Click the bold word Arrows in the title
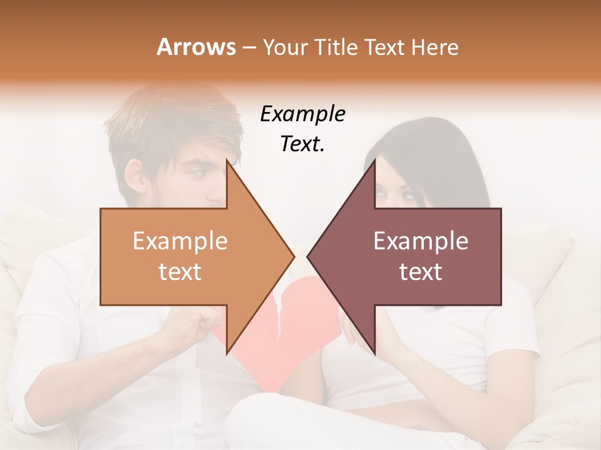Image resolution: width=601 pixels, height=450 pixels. pyautogui.click(x=195, y=47)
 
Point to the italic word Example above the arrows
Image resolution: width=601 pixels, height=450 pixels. pyautogui.click(x=302, y=114)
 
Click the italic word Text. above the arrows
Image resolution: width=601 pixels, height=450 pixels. pyautogui.click(x=302, y=144)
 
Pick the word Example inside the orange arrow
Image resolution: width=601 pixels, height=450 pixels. pyautogui.click(x=180, y=241)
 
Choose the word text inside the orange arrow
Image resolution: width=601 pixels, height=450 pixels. pyautogui.click(x=180, y=272)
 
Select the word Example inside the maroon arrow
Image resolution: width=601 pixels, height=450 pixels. pyautogui.click(x=421, y=241)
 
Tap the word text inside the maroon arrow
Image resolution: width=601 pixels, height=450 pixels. pyautogui.click(x=421, y=272)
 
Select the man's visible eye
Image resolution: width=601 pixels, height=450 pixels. pyautogui.click(x=199, y=172)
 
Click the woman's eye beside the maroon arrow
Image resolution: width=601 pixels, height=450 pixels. pyautogui.click(x=407, y=196)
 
